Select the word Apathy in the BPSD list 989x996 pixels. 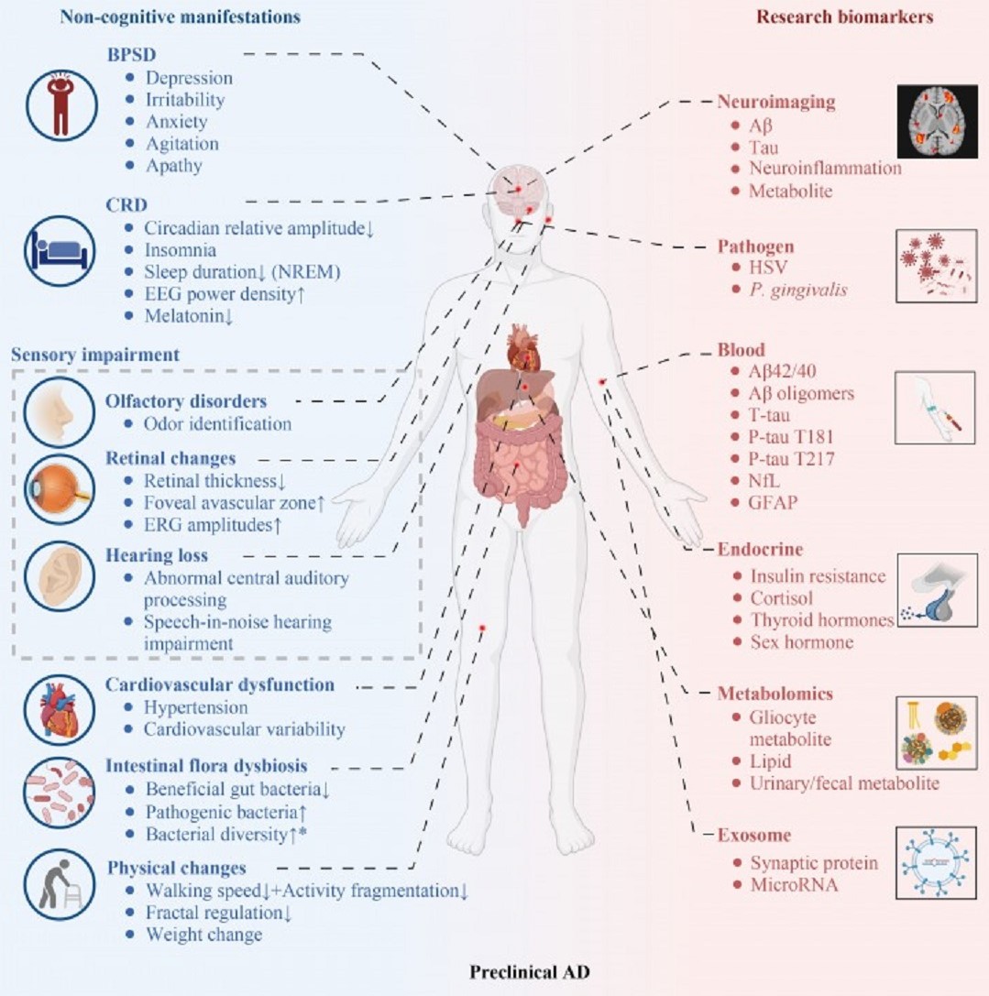click(x=173, y=166)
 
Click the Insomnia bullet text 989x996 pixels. click(x=181, y=249)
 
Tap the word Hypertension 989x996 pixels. click(x=195, y=707)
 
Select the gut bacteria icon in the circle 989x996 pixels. click(x=60, y=789)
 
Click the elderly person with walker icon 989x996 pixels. click(x=60, y=881)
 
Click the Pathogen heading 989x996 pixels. click(x=755, y=247)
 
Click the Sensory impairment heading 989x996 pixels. click(x=94, y=354)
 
